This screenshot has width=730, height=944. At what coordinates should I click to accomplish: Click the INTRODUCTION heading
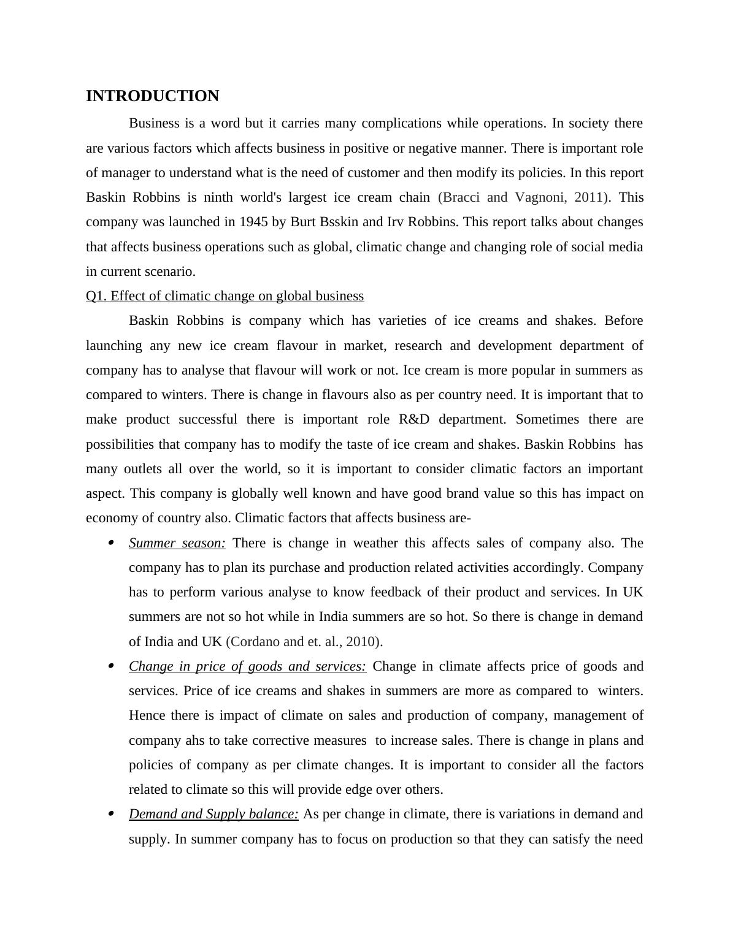[152, 96]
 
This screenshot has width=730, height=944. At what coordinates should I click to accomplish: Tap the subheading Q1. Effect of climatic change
[225, 296]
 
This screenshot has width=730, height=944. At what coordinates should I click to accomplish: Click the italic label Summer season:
[177, 543]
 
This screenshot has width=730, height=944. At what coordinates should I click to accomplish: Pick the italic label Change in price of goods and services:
[247, 666]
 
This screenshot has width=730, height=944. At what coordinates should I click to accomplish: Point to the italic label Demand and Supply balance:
[213, 814]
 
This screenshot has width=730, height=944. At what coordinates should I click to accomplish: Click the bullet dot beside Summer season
[111, 543]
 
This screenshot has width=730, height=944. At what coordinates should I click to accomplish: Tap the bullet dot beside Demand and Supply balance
[111, 814]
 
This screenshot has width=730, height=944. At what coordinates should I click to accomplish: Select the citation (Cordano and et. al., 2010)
[304, 642]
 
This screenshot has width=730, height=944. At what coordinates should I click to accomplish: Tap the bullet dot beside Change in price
[111, 666]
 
